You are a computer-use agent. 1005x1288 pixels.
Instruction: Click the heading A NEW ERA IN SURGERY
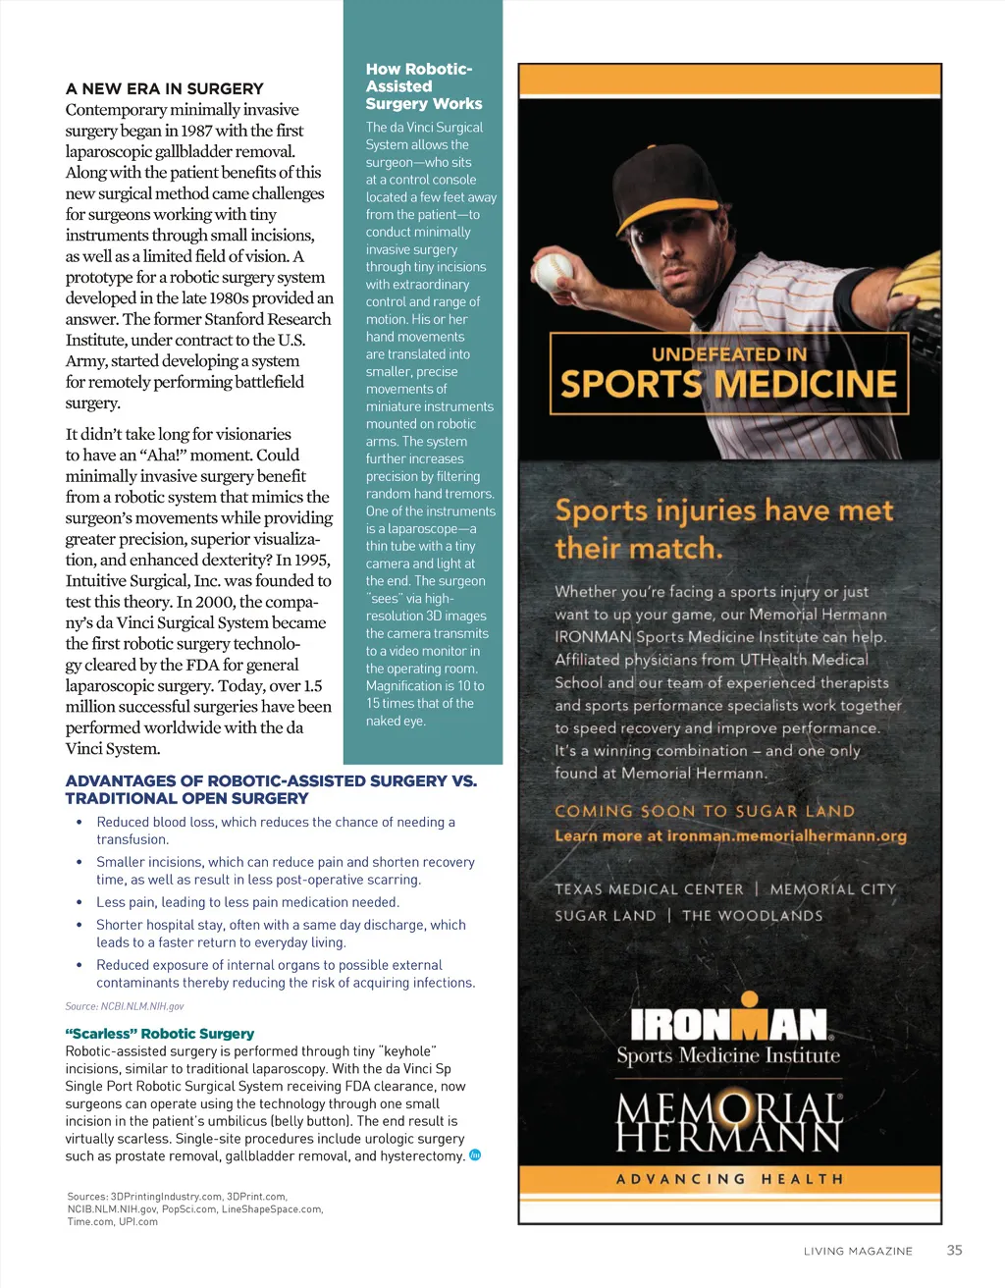click(x=164, y=88)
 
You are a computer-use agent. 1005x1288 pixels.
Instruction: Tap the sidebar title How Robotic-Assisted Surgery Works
click(x=423, y=86)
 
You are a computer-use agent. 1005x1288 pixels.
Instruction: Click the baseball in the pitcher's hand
click(x=553, y=268)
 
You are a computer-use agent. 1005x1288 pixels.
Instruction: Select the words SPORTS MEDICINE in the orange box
click(x=728, y=384)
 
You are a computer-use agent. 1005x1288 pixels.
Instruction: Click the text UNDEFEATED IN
click(x=729, y=353)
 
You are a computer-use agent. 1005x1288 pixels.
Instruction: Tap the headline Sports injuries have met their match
click(x=724, y=528)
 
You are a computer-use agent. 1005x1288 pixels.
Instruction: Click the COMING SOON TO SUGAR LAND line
click(x=705, y=811)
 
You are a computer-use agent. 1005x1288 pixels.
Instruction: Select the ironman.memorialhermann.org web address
click(x=786, y=835)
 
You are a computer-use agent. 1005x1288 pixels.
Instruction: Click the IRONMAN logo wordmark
click(x=729, y=1024)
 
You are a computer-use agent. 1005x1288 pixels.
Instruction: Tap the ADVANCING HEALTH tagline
click(x=729, y=1178)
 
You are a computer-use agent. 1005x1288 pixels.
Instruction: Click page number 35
click(x=954, y=1250)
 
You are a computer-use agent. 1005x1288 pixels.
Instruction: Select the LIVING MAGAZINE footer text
click(x=858, y=1251)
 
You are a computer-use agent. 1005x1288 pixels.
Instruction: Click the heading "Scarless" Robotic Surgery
click(x=159, y=1033)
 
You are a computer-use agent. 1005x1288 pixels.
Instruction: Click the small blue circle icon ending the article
click(x=475, y=1155)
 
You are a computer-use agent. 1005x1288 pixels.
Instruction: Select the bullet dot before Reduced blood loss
click(x=79, y=822)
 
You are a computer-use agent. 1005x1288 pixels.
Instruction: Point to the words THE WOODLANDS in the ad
click(x=753, y=915)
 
